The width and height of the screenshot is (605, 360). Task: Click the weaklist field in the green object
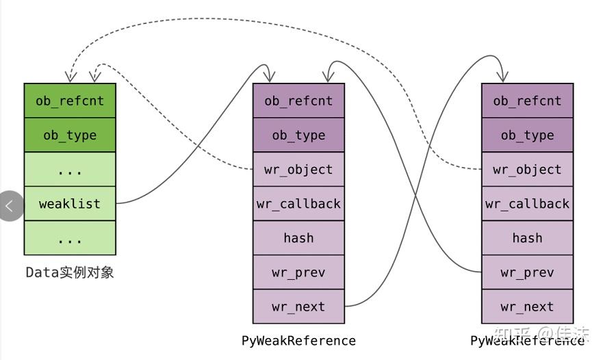tap(70, 204)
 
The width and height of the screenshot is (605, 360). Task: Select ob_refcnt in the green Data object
tap(70, 101)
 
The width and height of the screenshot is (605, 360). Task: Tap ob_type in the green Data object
tap(70, 135)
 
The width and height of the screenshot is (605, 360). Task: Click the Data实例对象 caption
tap(70, 272)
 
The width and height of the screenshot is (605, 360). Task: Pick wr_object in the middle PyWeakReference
tap(298, 170)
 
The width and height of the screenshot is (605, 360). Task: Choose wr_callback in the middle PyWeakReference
tap(298, 204)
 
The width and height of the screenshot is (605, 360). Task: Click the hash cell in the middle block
tap(298, 238)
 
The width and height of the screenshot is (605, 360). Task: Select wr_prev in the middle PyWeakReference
tap(298, 272)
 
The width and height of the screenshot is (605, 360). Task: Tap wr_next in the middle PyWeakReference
tap(298, 307)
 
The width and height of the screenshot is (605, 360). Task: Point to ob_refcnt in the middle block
tap(298, 101)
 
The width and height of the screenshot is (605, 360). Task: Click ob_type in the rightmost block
tap(527, 135)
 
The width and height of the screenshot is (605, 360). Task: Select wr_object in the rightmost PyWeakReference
tap(527, 170)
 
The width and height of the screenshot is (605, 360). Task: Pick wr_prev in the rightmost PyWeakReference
tap(527, 272)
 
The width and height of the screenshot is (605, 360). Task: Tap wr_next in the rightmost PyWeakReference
tap(527, 307)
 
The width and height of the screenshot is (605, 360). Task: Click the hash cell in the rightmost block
tap(527, 238)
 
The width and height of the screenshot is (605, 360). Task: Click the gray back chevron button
tap(10, 205)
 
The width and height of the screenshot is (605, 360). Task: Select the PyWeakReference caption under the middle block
tap(298, 340)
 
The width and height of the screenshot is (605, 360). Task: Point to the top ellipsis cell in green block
tap(70, 170)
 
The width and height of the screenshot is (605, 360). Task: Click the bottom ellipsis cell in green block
tap(70, 238)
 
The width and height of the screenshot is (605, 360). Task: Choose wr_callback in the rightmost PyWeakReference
tap(527, 204)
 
